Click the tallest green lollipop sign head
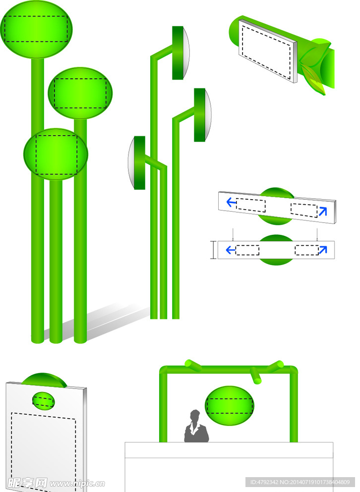pos(36,30)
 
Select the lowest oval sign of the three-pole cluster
pos(56,154)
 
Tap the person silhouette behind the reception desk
pos(196,426)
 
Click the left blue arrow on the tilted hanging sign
pos(231,202)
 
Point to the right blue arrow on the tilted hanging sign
pos(323,211)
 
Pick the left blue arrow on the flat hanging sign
pos(231,250)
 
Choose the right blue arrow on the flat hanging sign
pos(323,249)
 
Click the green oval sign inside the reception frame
pos(229,406)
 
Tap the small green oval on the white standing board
pos(43,401)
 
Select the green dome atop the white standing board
pos(44,379)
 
